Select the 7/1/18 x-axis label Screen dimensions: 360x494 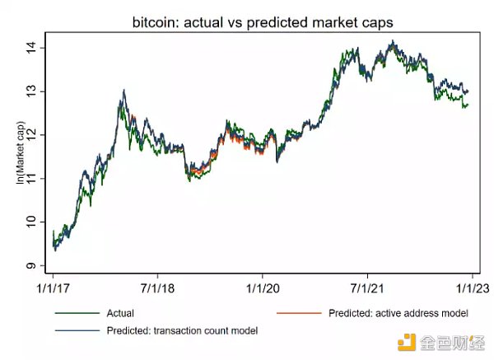click(158, 290)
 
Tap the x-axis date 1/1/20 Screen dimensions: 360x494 click(263, 290)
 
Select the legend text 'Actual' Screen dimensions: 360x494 click(120, 313)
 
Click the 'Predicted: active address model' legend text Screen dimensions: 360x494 click(398, 313)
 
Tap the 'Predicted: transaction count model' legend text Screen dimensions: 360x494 click(182, 330)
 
